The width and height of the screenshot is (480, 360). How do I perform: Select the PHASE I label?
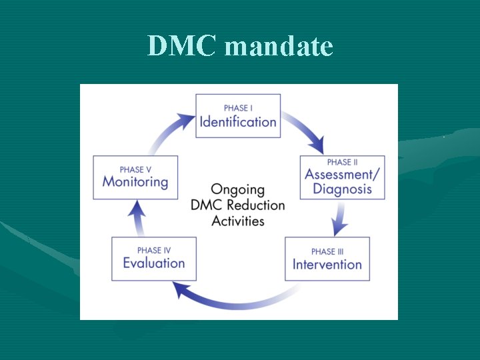238,108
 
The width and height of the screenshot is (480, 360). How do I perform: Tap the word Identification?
238,122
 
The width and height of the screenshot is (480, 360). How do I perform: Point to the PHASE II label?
343,162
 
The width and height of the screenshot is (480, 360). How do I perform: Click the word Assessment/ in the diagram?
343,175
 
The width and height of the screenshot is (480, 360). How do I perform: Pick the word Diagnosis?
343,189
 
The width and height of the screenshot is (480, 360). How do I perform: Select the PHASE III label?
327,251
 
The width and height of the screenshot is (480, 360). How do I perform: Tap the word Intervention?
327,265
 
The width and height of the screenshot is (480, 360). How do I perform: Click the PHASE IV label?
154,250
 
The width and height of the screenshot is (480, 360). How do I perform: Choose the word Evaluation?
154,263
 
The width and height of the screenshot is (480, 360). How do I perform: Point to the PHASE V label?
135,169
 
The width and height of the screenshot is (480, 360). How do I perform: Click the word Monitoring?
135,181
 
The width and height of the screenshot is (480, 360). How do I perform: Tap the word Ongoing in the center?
238,191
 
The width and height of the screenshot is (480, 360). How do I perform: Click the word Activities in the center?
238,221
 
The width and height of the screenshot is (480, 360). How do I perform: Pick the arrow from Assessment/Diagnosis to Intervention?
341,217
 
